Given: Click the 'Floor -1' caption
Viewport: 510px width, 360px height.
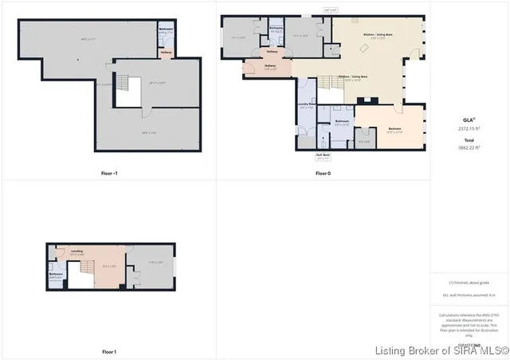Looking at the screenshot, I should pos(109,173).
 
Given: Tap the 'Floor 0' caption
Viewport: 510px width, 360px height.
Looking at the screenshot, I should pos(323,173).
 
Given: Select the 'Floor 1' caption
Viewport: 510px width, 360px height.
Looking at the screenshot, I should pos(109,351).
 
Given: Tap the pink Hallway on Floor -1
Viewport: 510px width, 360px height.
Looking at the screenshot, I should pos(167,53).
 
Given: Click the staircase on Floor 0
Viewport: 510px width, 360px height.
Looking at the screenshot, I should pos(327,84).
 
